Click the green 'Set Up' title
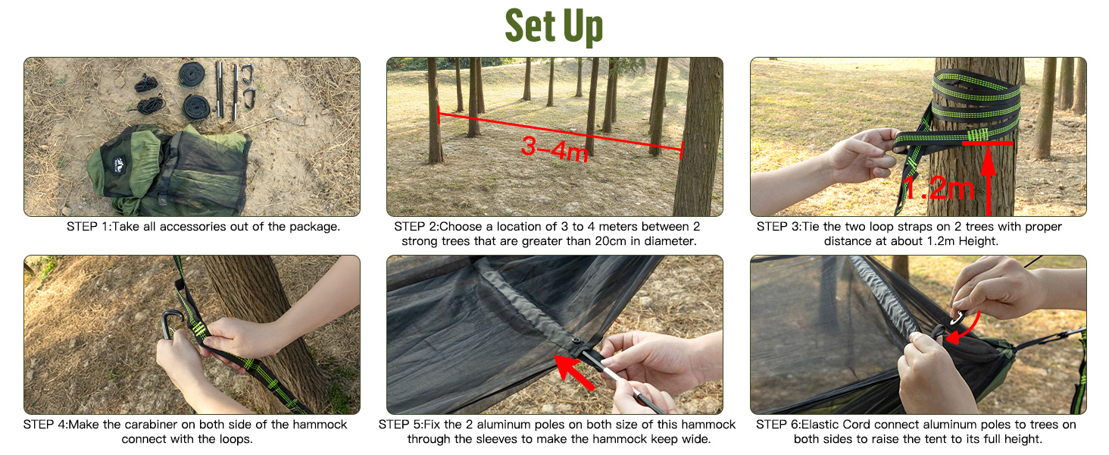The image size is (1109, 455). [x=554, y=27]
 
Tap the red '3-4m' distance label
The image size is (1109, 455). [x=555, y=149]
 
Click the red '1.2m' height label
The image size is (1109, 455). [x=939, y=188]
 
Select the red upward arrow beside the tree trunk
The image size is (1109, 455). [x=989, y=180]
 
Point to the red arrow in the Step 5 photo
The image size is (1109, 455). [x=574, y=372]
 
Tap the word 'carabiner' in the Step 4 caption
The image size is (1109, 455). [x=151, y=425]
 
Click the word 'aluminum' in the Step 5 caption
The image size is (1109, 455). [x=502, y=425]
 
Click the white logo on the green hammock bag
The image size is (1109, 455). [x=120, y=163]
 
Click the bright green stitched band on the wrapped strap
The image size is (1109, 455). [x=977, y=134]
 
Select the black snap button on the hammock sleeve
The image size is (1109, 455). [x=576, y=341]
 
